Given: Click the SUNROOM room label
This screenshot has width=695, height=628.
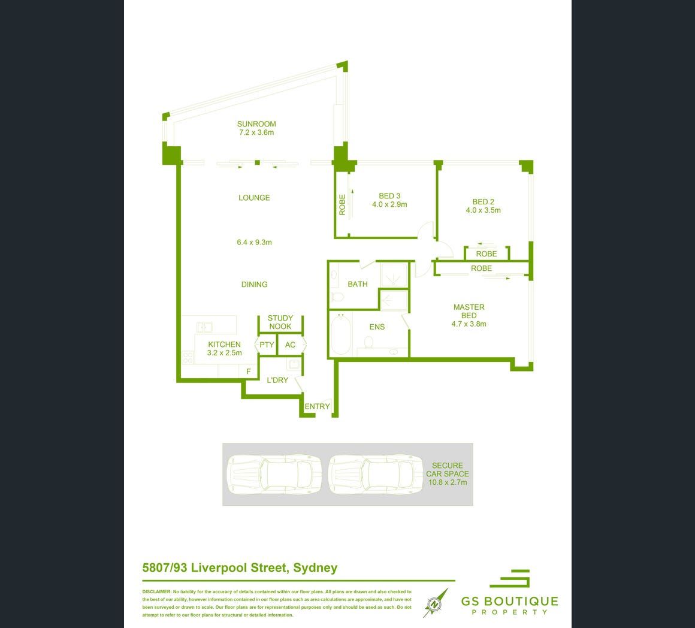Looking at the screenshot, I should [256, 125].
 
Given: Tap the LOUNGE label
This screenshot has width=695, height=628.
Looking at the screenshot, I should [254, 198].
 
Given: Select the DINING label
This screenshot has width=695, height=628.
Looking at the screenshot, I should [254, 285].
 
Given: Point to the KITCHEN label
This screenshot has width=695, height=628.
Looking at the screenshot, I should [224, 345].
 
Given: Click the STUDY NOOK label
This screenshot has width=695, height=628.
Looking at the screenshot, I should [280, 322].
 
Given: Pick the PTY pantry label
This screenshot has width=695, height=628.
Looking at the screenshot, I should [267, 345].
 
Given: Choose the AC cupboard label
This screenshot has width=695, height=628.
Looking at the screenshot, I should [290, 345].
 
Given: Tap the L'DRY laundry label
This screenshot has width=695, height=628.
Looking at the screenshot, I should [277, 380].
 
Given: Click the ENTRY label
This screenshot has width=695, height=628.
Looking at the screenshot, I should [317, 406].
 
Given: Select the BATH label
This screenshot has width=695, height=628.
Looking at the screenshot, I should [358, 284].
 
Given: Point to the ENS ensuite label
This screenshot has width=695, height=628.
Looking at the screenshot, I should [377, 327].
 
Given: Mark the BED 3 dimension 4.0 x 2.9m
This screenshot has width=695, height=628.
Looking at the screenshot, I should [389, 204].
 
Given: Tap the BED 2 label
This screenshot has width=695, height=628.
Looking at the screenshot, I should [483, 202].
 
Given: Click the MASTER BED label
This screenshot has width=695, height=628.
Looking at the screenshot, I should [469, 311].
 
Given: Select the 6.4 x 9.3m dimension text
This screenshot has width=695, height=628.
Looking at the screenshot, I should [254, 243].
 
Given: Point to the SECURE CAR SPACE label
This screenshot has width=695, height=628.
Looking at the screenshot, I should [447, 470].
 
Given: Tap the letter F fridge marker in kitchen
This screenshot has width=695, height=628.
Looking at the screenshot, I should [248, 372].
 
